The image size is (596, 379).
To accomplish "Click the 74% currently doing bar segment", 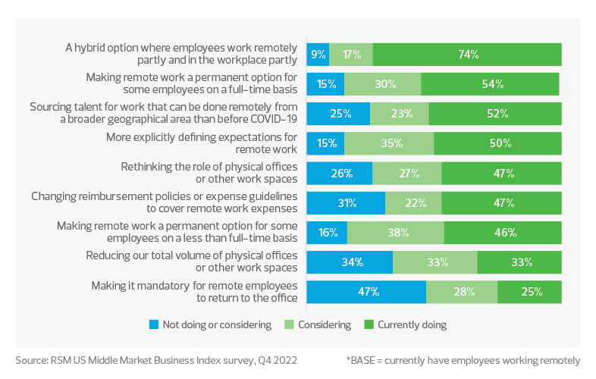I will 467,55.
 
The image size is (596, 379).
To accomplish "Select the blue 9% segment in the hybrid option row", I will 318,55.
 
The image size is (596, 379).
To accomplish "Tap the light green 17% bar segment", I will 351,55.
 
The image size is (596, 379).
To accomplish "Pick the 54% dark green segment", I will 491,84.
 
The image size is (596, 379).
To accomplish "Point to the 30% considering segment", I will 383,84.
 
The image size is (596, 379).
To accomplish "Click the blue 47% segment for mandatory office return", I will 366,292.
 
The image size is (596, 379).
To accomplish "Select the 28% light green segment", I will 462,292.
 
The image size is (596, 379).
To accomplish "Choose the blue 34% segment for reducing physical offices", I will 350,262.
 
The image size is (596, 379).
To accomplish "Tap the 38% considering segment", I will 395,233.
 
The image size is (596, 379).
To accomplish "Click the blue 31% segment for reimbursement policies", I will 346,203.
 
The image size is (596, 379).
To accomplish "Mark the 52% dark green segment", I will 495,114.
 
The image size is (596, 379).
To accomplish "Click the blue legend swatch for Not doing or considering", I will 154,324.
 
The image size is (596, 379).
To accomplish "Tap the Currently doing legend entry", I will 408,324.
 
